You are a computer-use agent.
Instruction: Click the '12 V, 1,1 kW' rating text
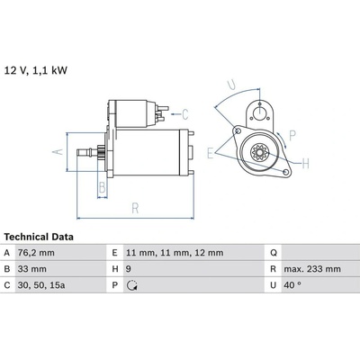click(36, 70)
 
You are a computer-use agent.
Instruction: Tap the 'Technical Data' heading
click(39, 237)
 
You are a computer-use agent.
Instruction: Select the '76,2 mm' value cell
click(36, 253)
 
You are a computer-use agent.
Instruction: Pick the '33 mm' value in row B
click(31, 269)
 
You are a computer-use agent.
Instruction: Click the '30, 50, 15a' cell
click(41, 285)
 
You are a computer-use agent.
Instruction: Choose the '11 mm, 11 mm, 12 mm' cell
click(175, 253)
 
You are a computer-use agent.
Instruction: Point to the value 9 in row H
click(129, 269)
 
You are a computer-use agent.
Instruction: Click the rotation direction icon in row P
click(132, 285)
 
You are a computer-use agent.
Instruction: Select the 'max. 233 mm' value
click(312, 269)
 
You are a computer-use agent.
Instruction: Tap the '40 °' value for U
click(292, 285)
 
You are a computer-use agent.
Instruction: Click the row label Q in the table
click(274, 253)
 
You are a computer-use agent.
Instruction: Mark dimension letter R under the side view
click(135, 208)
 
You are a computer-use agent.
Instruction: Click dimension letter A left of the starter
click(58, 151)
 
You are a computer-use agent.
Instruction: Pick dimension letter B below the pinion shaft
click(103, 187)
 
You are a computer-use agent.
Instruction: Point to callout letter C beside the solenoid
click(185, 114)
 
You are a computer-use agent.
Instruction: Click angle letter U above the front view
click(231, 85)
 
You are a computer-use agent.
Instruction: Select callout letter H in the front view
click(305, 164)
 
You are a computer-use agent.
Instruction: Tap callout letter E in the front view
click(211, 153)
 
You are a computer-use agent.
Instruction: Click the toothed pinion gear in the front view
click(258, 152)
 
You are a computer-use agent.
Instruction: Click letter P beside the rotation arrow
click(292, 136)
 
